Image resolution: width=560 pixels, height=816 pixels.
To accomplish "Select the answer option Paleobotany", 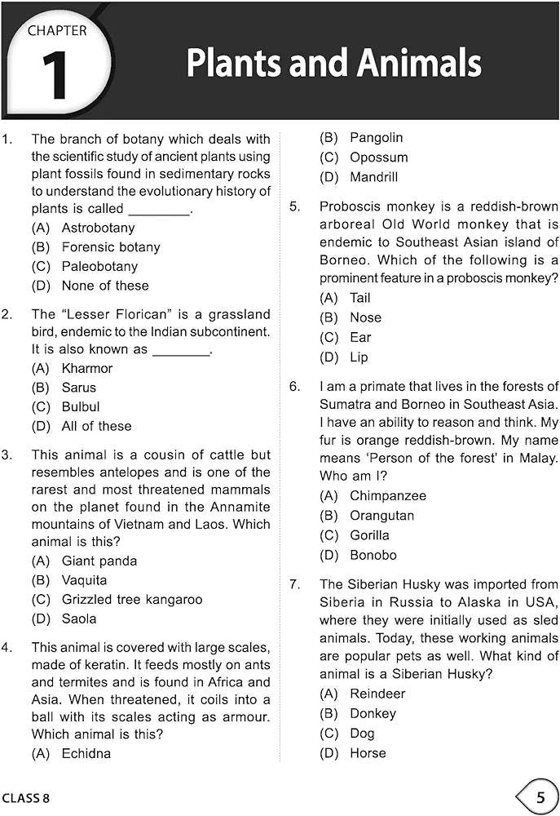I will point(99,266).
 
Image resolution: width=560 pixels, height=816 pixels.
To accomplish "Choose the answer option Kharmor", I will point(87,368).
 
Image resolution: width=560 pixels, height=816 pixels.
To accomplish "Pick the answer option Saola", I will point(79,619).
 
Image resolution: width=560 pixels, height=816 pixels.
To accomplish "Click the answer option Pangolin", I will point(376,138).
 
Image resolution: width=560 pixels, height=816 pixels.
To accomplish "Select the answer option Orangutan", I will point(381,516).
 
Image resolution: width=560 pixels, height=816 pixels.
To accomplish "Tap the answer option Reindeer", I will point(377,694).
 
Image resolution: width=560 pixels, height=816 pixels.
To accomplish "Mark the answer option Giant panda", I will point(99,561).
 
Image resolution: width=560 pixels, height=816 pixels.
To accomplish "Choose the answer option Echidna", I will point(86,753).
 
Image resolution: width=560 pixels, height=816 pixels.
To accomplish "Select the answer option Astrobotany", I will point(98,228).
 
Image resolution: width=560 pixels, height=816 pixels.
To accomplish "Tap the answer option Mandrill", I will point(373,177).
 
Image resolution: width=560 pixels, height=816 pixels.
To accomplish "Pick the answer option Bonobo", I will point(373,555).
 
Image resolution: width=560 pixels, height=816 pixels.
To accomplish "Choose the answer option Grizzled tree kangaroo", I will point(131,599).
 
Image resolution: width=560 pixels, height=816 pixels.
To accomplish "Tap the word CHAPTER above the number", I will point(57,31).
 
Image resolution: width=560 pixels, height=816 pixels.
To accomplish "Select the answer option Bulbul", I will point(81,406).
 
